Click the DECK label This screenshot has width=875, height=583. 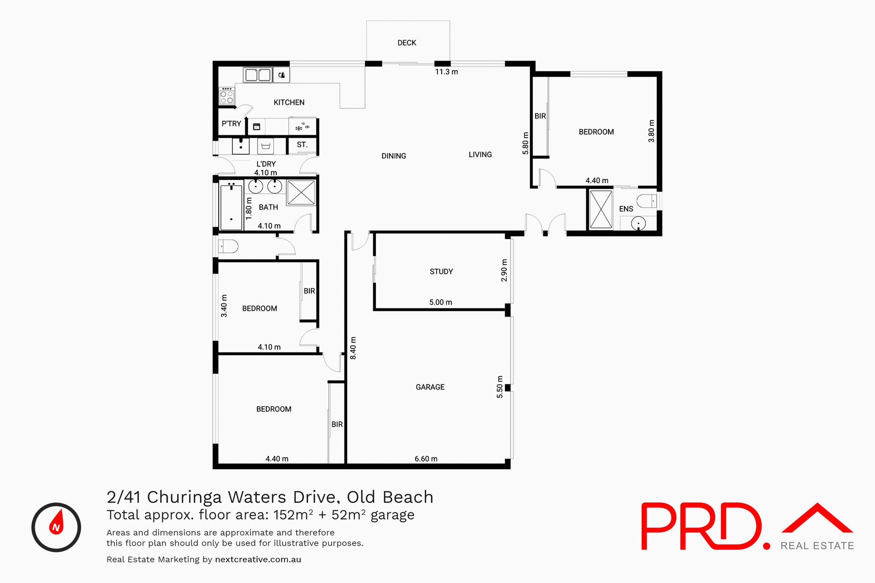click(x=407, y=43)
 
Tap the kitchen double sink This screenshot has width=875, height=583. click(x=257, y=75)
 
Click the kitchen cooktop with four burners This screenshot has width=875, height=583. click(x=226, y=96)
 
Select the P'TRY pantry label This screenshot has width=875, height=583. click(x=231, y=124)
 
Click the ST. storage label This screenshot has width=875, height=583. click(x=302, y=145)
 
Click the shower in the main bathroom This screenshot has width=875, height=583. click(x=301, y=193)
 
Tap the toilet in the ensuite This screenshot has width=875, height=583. click(x=647, y=201)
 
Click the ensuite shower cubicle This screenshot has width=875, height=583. click(x=601, y=210)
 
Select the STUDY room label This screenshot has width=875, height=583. click(x=441, y=272)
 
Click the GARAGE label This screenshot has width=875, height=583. click(x=430, y=387)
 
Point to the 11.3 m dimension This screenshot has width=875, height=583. click(x=446, y=72)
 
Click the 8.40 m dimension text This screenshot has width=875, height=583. click(x=353, y=348)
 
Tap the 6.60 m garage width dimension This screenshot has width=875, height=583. click(x=426, y=459)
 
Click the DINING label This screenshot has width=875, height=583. click(x=393, y=156)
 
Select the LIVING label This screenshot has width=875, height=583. click(x=480, y=155)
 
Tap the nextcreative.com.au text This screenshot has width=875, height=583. click(x=258, y=560)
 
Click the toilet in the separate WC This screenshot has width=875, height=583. click(x=228, y=247)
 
